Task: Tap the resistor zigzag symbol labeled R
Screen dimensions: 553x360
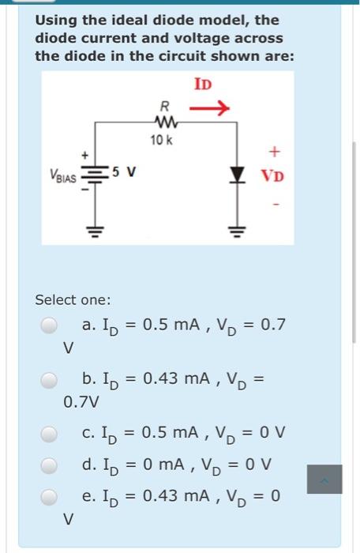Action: tap(164, 122)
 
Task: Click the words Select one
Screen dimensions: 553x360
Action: tap(73, 299)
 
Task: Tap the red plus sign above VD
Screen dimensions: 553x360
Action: tap(274, 148)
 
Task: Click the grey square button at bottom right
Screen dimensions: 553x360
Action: tap(324, 479)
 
